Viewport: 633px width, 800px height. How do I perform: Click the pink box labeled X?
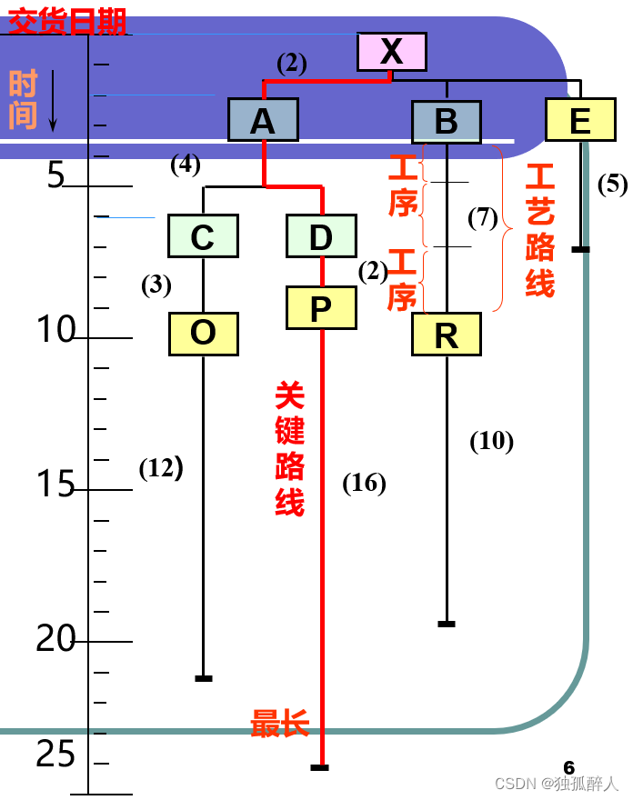click(391, 52)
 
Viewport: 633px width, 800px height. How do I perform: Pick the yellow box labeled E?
click(579, 120)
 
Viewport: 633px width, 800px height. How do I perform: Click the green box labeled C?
click(203, 236)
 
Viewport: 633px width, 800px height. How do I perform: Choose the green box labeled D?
click(321, 236)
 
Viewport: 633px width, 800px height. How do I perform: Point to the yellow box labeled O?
click(203, 334)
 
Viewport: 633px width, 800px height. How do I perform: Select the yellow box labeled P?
click(321, 308)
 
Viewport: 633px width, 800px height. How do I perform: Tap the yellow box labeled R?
click(446, 335)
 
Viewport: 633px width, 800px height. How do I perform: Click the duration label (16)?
click(364, 483)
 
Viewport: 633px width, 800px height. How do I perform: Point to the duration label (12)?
click(161, 468)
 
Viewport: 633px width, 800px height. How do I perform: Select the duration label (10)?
click(491, 441)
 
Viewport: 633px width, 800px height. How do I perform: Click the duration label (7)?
click(483, 217)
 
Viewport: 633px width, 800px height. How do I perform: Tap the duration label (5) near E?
click(612, 184)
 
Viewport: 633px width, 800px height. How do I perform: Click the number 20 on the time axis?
click(55, 640)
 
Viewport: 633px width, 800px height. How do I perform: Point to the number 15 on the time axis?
click(55, 485)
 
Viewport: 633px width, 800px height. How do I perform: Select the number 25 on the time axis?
click(55, 754)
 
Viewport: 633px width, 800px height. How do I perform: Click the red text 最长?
click(280, 725)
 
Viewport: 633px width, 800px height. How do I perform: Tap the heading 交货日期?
click(67, 20)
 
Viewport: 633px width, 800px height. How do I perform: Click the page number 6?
click(569, 767)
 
